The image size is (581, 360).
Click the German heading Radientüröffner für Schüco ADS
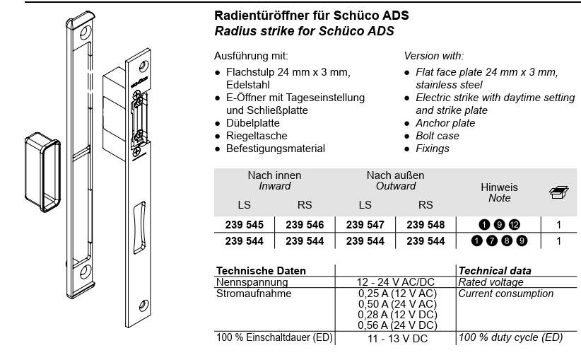pyautogui.click(x=312, y=15)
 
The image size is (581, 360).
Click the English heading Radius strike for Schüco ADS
pyautogui.click(x=304, y=31)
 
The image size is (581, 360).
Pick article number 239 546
pyautogui.click(x=305, y=225)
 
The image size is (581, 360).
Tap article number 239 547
pyautogui.click(x=365, y=225)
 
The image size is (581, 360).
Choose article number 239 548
pyautogui.click(x=425, y=225)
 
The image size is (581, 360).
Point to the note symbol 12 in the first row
pyautogui.click(x=514, y=225)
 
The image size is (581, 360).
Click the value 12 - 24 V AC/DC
pyautogui.click(x=395, y=282)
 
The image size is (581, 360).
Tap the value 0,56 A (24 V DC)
pyautogui.click(x=395, y=325)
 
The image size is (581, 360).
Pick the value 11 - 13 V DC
pyautogui.click(x=395, y=339)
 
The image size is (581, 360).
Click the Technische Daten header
pyautogui.click(x=261, y=271)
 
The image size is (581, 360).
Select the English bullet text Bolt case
pyautogui.click(x=438, y=136)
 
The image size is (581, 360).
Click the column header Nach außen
pyautogui.click(x=395, y=175)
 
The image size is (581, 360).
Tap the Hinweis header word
pyautogui.click(x=499, y=187)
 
